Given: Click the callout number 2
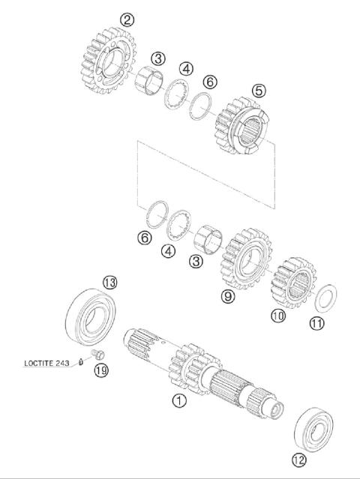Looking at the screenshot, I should pos(127,19).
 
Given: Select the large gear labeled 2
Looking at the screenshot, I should pos(104,61).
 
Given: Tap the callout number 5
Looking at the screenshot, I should pos(259,90).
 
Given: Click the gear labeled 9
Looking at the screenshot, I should pos(244,259).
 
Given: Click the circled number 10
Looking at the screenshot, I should pos(279,316).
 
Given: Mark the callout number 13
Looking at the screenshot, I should pos(109,282).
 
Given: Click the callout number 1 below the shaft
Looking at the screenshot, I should pos(178,400).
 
